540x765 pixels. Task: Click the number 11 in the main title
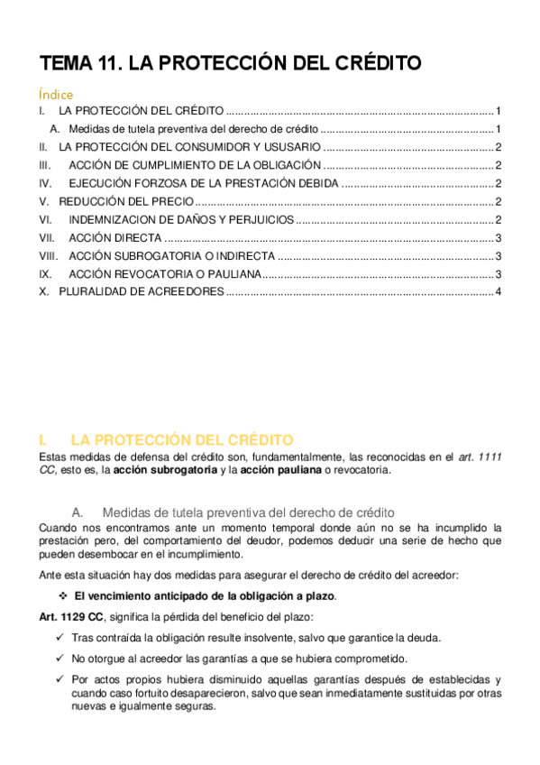coord(105,63)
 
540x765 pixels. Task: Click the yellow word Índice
coord(56,94)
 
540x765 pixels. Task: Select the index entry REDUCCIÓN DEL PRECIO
coord(125,201)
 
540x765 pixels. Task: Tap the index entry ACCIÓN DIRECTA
coord(115,238)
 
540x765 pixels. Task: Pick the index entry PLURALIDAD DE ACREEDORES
coord(141,292)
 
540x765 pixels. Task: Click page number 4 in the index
coord(499,292)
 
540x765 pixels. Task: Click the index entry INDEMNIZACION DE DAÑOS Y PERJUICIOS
coord(180,219)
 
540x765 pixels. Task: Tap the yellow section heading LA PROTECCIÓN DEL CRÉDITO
coord(181,440)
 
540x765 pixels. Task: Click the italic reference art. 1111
coord(480,456)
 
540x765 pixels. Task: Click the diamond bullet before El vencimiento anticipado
coord(62,596)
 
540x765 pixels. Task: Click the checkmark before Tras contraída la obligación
coord(60,637)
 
